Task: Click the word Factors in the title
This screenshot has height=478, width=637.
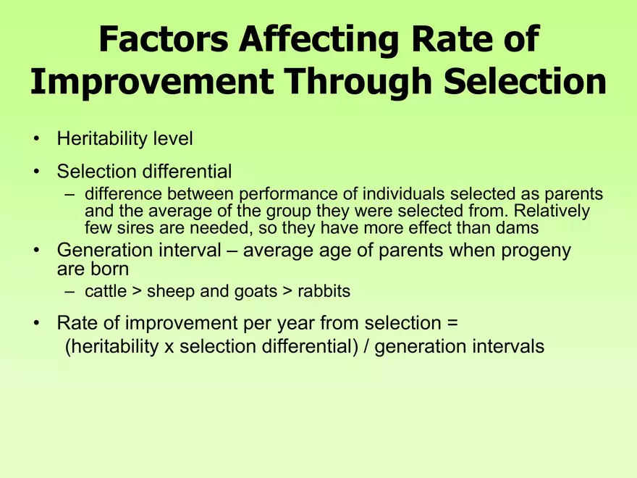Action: (x=164, y=39)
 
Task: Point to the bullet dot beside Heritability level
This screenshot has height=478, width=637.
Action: (x=37, y=139)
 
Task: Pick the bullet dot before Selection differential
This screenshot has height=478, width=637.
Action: (x=37, y=172)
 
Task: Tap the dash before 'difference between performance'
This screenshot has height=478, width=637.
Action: (x=69, y=195)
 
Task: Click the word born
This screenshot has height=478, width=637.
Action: (x=110, y=269)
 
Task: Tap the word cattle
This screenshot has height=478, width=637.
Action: (x=106, y=291)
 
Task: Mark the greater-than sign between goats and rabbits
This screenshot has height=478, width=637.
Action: (x=287, y=291)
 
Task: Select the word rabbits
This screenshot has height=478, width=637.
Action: (x=324, y=291)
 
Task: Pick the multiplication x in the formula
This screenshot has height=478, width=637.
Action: (x=169, y=348)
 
